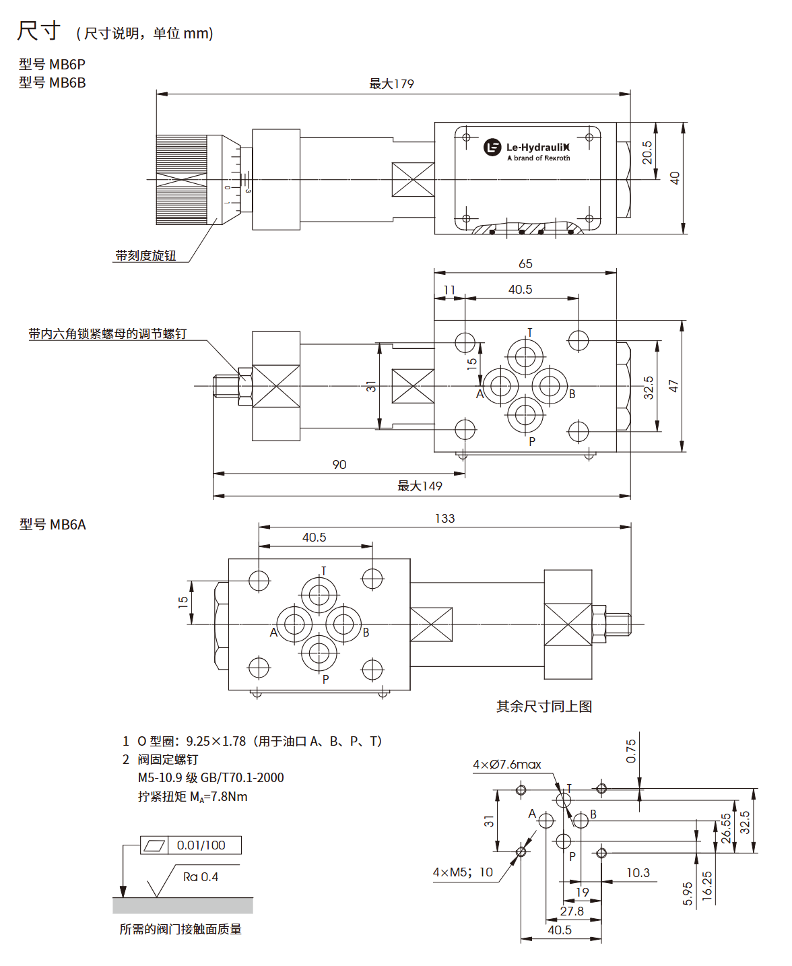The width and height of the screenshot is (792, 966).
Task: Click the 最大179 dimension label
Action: coord(391,84)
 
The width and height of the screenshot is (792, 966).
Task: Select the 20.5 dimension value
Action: coord(647,152)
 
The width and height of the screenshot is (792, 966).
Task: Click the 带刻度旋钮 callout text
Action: coord(145,256)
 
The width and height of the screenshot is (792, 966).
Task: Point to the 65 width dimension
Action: coord(525,264)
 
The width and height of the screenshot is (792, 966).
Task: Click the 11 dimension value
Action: coord(449,290)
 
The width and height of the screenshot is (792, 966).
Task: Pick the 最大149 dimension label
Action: coord(420,486)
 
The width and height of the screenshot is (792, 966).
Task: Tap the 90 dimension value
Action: coord(339,465)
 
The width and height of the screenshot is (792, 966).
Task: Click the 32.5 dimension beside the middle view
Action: coord(649,387)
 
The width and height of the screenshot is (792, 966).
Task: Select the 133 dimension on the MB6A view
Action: coord(444,519)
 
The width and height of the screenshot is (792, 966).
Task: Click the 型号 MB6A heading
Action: coord(53,525)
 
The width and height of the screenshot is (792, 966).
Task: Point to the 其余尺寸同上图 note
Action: coord(544,707)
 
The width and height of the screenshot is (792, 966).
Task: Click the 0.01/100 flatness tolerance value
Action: coord(201,845)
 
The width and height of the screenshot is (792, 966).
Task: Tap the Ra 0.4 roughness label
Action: coord(201,877)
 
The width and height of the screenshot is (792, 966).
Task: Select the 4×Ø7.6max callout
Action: coord(507,765)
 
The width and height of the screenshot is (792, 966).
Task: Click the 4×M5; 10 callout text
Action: coord(463,873)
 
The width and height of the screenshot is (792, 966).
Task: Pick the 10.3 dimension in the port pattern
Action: coord(638,873)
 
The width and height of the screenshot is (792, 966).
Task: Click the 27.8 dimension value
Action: coord(572,911)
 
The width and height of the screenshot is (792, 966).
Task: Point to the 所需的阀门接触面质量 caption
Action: coord(180,930)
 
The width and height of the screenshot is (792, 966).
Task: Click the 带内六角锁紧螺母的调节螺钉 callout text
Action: coord(108,334)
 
